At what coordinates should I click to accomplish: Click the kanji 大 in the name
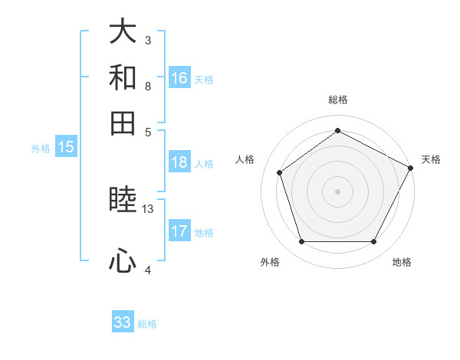click(x=123, y=32)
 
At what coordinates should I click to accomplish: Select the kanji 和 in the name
click(x=123, y=77)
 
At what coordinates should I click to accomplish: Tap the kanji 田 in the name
click(x=123, y=123)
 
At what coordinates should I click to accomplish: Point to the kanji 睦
click(x=123, y=200)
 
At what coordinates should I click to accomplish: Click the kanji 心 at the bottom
click(x=123, y=262)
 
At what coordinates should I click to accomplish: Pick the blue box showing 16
click(x=179, y=78)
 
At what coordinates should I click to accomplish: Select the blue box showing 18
click(x=179, y=162)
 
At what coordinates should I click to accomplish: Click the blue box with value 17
click(x=179, y=231)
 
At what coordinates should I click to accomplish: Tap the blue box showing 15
click(x=66, y=148)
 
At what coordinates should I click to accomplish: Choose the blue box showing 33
click(x=123, y=322)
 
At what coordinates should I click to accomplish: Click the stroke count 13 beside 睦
click(x=148, y=208)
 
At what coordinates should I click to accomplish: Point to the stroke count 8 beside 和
click(x=148, y=86)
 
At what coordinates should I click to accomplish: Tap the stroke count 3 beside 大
click(x=148, y=39)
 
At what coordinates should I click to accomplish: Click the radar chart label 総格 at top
click(x=338, y=100)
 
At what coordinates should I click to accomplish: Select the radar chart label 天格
click(x=431, y=159)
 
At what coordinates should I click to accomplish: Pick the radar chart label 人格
click(x=245, y=159)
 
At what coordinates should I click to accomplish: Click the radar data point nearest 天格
click(x=411, y=168)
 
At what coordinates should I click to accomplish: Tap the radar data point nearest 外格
click(x=301, y=242)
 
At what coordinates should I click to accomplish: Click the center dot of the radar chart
click(x=338, y=191)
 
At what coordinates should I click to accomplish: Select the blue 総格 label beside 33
click(x=148, y=324)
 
